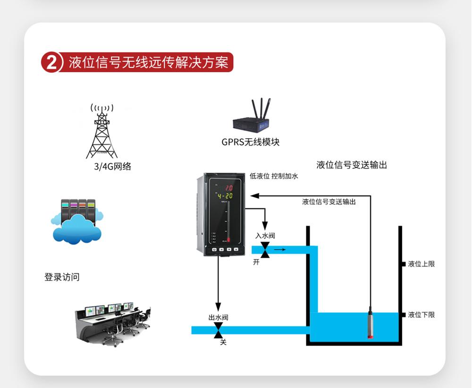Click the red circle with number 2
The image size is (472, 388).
coord(52,62)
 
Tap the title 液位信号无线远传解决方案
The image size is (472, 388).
coord(148,62)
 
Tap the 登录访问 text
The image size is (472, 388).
coord(62,277)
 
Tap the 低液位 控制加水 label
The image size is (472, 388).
coord(274,176)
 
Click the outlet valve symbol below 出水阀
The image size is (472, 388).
coord(218,330)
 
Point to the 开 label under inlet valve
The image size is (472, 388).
coord(256,262)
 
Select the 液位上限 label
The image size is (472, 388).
coord(421,264)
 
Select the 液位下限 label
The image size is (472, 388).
coord(421,315)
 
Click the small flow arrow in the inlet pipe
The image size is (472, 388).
coord(280,249)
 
